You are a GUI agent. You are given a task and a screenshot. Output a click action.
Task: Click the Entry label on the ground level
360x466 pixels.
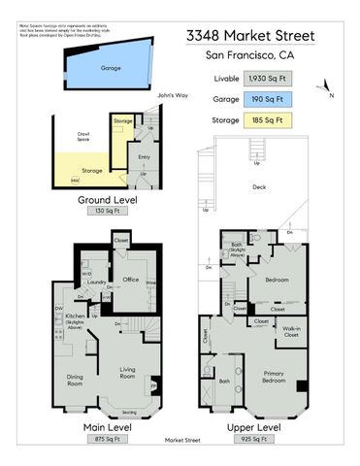pos(144,156)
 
